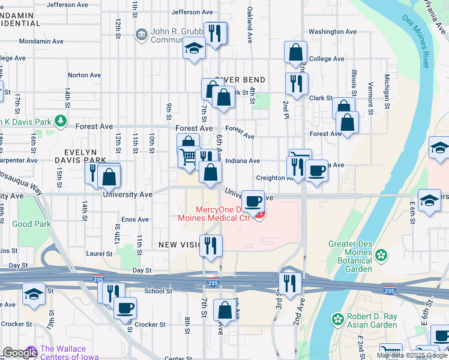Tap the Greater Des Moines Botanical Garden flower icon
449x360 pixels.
click(381, 256)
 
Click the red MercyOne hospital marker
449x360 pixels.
click(260, 214)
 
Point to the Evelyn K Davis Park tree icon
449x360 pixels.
click(60, 121)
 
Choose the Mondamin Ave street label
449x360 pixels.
click(41, 41)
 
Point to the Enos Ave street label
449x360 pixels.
click(135, 220)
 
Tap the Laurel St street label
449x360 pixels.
click(95, 254)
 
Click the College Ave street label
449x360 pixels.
click(327, 59)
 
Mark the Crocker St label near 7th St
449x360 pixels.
click(149, 325)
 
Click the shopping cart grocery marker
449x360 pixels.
click(188, 157)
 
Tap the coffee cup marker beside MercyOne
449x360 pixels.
click(253, 201)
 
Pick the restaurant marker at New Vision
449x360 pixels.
click(211, 245)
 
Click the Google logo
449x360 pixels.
click(19, 353)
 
